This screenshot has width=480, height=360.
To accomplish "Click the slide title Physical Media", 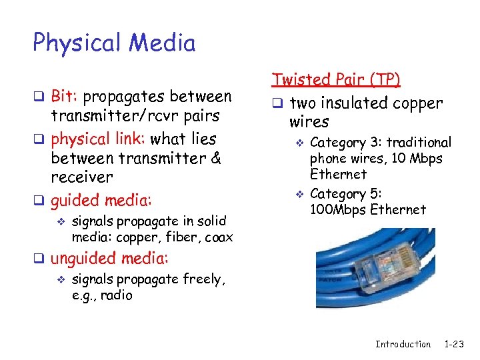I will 114,43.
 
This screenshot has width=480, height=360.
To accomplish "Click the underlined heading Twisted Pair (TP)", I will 336,80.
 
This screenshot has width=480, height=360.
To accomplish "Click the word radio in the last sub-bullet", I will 118,295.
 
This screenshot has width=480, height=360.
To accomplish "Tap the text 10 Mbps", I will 417,159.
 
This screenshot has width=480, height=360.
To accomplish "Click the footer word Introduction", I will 403,344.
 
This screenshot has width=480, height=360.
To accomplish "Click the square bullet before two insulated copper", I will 277,104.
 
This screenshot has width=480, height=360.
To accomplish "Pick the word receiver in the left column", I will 82,177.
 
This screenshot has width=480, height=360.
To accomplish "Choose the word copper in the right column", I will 415,103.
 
